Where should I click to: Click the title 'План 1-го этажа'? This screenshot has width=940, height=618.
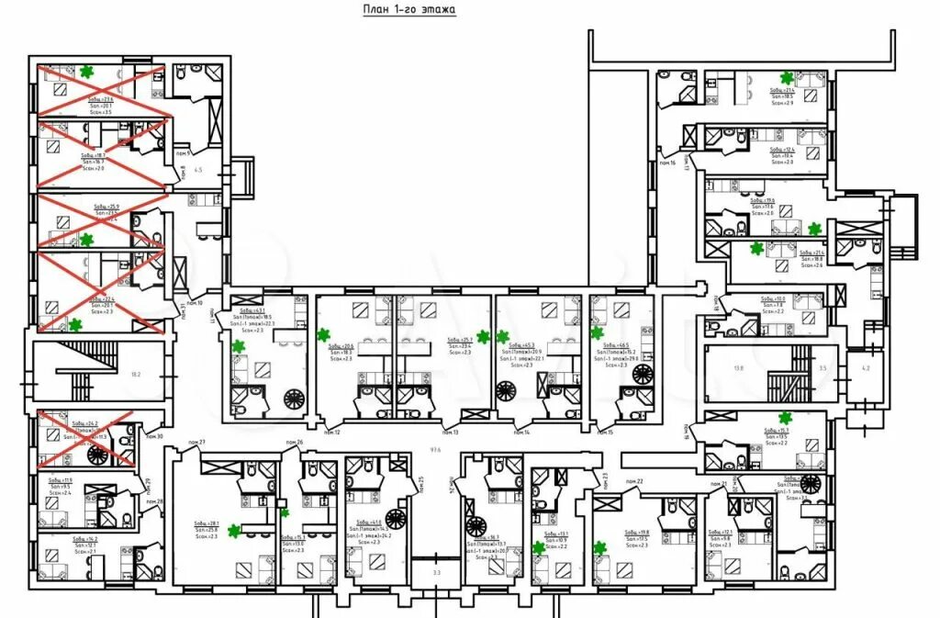[409, 9]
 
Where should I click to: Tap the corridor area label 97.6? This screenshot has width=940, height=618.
[435, 450]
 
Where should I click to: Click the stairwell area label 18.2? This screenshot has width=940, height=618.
[136, 375]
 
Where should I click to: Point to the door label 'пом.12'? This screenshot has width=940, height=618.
[330, 432]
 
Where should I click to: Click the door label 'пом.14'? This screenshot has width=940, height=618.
[520, 432]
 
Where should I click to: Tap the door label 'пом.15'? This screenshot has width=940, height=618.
[604, 432]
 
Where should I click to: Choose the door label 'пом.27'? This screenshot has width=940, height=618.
[196, 444]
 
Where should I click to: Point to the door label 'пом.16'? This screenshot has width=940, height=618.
[667, 163]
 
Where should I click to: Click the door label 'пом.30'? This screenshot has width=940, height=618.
[153, 436]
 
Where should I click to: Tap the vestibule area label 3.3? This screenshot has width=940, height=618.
[437, 573]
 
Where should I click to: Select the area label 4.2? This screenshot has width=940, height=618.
[864, 368]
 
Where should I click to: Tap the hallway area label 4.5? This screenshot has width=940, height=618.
[197, 170]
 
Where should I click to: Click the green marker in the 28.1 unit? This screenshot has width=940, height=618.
[234, 530]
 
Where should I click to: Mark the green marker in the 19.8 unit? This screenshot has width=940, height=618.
[599, 548]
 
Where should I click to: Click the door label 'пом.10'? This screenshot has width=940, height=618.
[194, 303]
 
